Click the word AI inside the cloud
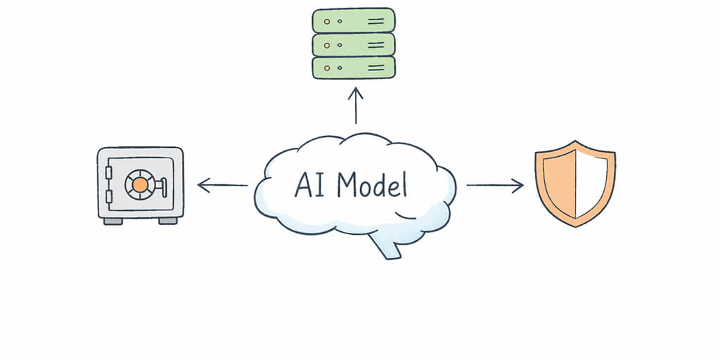[x=309, y=185]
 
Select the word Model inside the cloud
[x=371, y=185]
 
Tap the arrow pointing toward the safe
[x=222, y=186]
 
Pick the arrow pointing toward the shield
[x=495, y=186]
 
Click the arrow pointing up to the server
[x=356, y=105]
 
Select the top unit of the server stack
[x=353, y=20]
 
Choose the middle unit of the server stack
[x=353, y=44]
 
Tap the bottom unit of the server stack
[x=353, y=67]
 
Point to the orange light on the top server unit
[x=326, y=21]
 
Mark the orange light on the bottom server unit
[x=326, y=67]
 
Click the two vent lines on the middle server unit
[x=376, y=44]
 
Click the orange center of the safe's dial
[x=140, y=185]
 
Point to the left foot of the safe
[x=112, y=221]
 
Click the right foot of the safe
[x=168, y=221]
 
